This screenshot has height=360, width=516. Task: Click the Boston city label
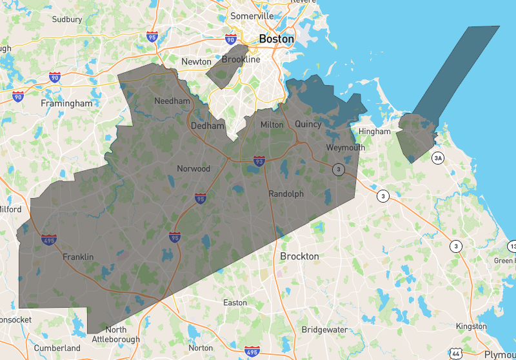(276, 39)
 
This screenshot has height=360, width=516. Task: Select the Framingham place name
(66, 103)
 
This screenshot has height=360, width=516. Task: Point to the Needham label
(172, 101)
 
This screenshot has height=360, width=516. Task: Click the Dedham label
(207, 126)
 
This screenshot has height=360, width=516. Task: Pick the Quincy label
(308, 124)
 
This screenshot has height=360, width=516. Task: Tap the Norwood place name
(193, 169)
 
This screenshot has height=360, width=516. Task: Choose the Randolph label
(286, 194)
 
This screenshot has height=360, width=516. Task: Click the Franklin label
(78, 257)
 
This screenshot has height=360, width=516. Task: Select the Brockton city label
(299, 256)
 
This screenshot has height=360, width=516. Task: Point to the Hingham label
(375, 132)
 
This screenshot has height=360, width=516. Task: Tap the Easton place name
(235, 303)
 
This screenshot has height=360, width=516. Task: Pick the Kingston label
(471, 326)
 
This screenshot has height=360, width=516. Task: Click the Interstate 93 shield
(259, 160)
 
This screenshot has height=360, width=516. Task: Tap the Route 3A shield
(439, 157)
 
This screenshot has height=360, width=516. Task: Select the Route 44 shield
(455, 354)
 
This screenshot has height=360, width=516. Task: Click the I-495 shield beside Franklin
(48, 240)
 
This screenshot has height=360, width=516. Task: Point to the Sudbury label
(67, 19)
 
